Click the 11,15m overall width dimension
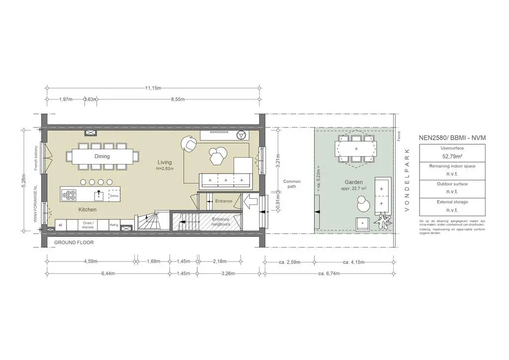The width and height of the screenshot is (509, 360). point(153,88)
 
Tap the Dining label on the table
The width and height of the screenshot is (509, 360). point(102,156)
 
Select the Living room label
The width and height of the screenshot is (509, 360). point(165,163)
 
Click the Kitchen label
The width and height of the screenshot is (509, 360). point(87,210)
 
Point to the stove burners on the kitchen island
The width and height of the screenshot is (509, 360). point(69,194)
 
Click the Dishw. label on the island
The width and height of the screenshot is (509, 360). point(114,196)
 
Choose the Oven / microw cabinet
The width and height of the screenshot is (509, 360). point(88,225)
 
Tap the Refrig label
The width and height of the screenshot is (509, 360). point(114,225)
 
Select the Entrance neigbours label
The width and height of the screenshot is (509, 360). point(220,222)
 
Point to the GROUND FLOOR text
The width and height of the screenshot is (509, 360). point(74,243)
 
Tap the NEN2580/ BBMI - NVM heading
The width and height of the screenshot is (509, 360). point(452,137)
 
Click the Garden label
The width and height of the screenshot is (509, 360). point(353,182)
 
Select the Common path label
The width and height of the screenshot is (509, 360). point(292,184)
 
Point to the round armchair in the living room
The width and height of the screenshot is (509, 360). point(189,144)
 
